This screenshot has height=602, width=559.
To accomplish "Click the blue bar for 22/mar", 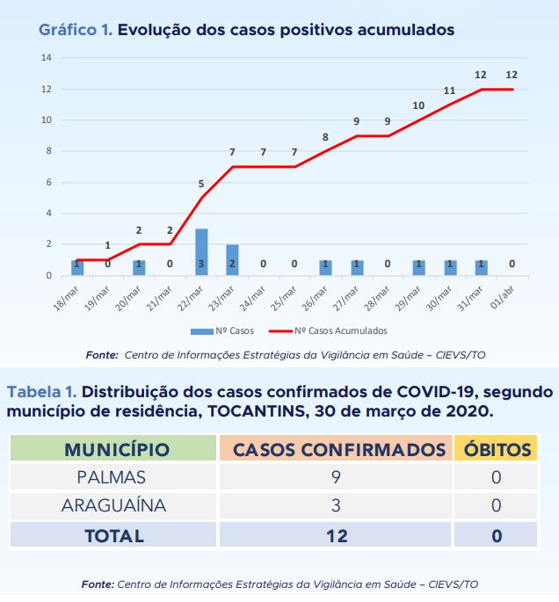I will (x=201, y=252).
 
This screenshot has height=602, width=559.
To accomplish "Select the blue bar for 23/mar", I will (x=232, y=260).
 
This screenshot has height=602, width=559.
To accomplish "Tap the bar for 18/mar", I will (x=77, y=267).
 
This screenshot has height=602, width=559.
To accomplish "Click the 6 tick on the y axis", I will (x=48, y=182).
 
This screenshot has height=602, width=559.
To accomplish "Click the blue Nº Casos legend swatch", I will (x=202, y=331).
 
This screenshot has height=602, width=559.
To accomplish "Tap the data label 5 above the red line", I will (x=201, y=184).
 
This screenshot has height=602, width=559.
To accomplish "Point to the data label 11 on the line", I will (x=449, y=91).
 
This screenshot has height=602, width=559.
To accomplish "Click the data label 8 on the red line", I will (x=325, y=137).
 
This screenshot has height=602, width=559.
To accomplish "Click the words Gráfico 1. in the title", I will (x=75, y=30).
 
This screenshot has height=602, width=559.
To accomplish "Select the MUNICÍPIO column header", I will (x=117, y=450).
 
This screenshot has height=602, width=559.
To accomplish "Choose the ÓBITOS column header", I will (x=497, y=450).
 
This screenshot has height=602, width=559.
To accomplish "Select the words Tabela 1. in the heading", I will (x=42, y=391).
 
